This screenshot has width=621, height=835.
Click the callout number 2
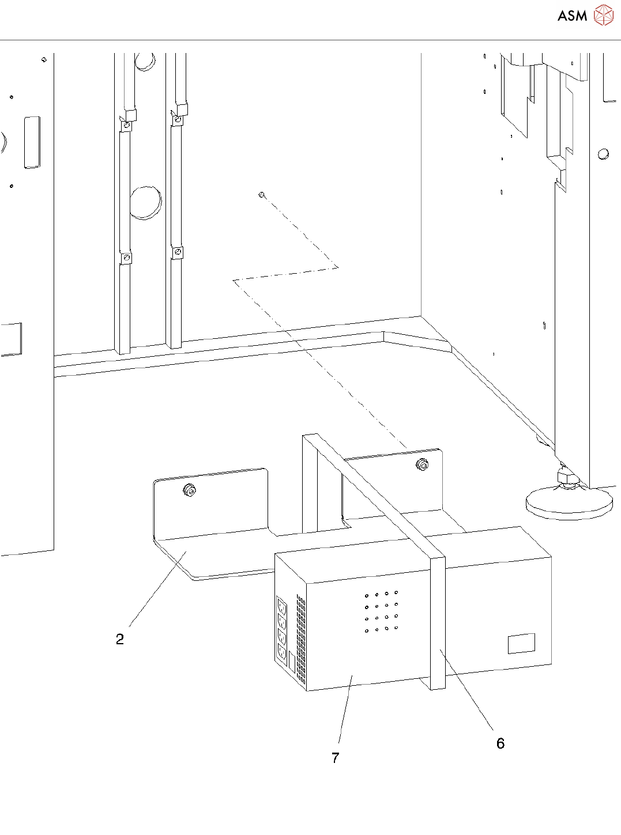pos(120,639)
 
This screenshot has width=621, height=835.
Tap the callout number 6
pos(500,743)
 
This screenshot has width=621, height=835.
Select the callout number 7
pos(336,758)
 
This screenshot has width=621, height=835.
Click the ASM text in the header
pos(572,16)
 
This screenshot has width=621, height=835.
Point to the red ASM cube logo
pos(603,16)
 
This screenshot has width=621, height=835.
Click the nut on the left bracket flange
pos(189,490)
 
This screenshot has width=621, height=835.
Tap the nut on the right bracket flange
pos(423,464)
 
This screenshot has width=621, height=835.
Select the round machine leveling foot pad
pos(568,504)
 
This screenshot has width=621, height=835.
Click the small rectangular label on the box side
pos(521,643)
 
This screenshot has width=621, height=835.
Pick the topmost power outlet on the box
pos(282,606)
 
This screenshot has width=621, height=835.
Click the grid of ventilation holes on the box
pos(382,611)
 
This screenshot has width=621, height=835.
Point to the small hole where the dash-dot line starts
pos(262,195)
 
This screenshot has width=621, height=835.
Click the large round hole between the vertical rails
pos(145,202)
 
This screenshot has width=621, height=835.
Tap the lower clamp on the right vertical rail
pos(178,252)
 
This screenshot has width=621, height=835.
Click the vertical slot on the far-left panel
pos(32,142)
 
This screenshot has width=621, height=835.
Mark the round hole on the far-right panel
pos(603,154)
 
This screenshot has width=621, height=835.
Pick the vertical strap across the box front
pos(438,622)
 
